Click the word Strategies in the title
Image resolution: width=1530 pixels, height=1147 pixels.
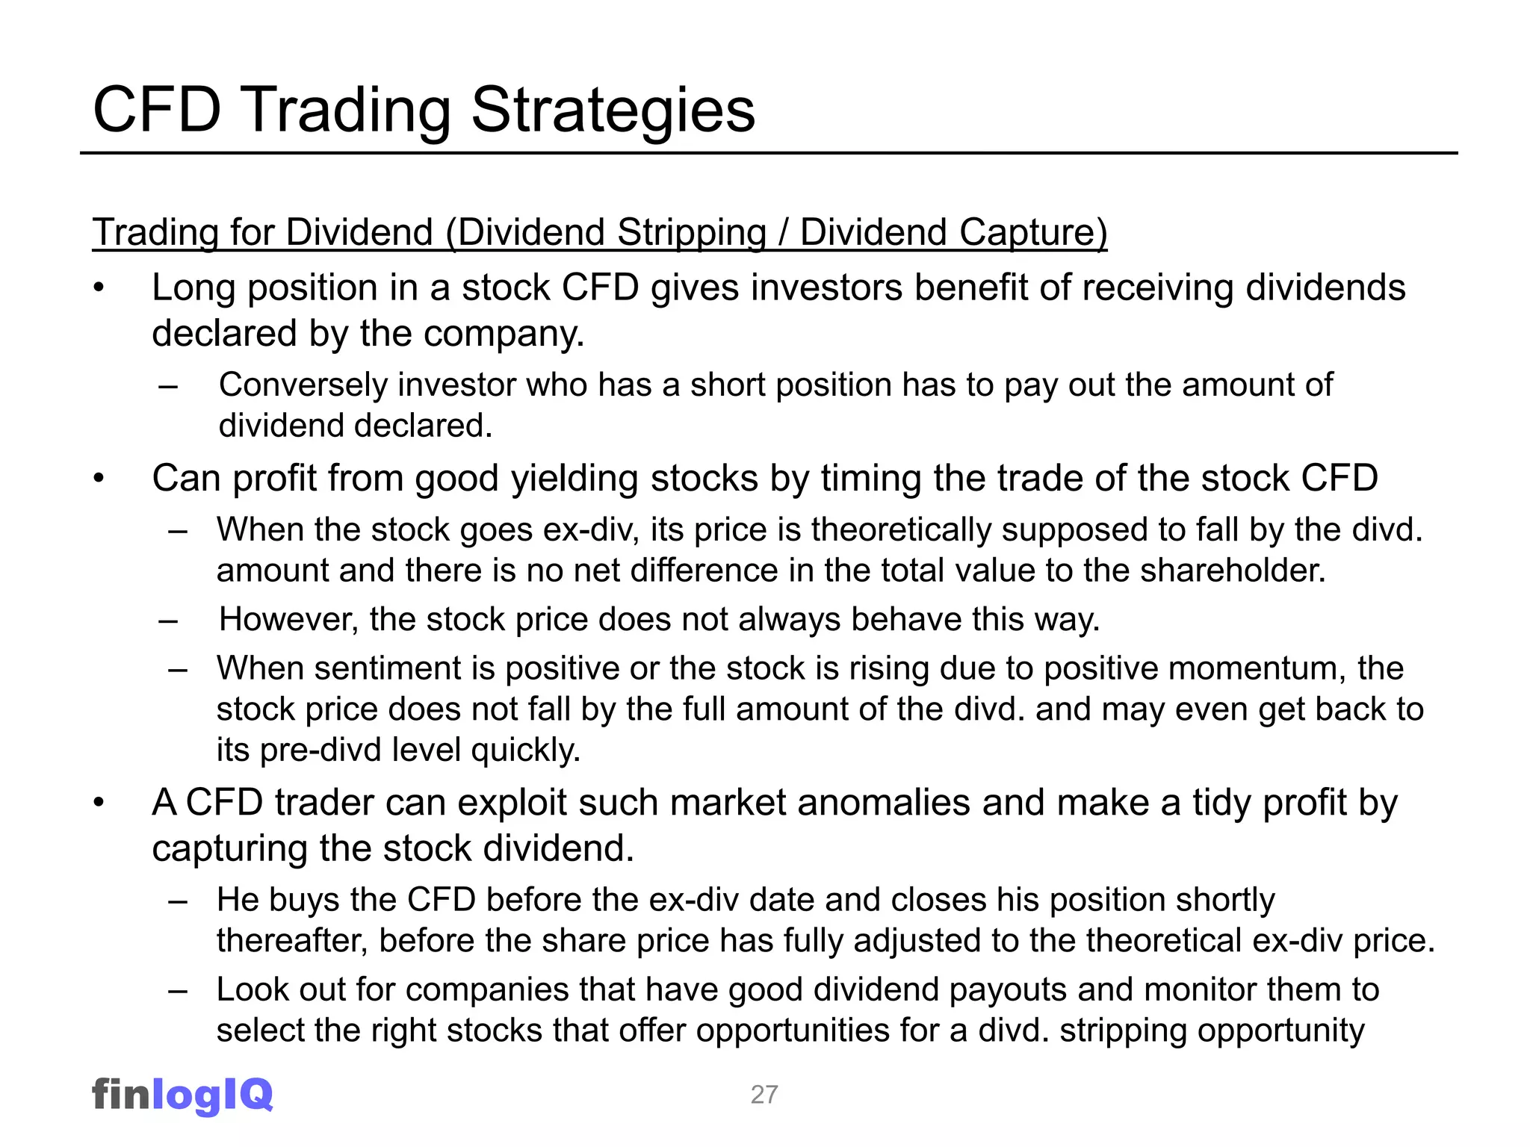coord(613,111)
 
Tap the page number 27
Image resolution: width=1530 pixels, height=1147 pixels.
coord(764,1095)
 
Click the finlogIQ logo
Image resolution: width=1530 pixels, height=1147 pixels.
coord(182,1095)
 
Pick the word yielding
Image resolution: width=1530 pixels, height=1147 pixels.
coord(574,479)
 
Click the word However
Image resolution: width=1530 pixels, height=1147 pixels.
coord(288,620)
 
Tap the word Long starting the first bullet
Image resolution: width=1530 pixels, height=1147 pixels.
coord(193,288)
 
